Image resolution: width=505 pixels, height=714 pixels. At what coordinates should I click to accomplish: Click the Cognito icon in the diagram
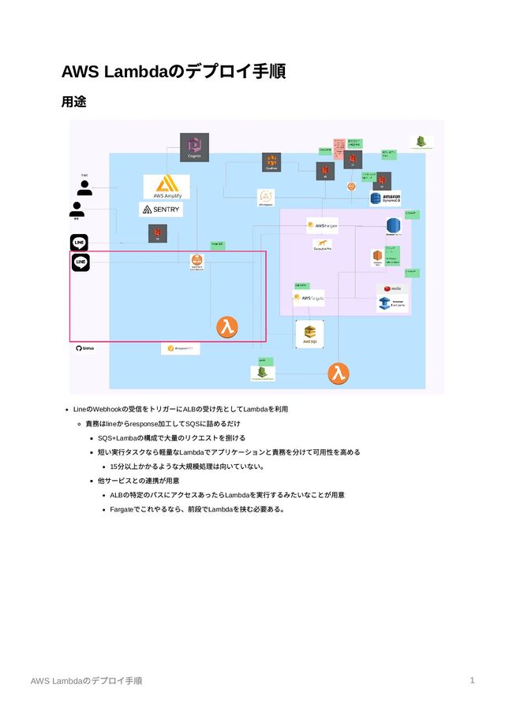pyautogui.click(x=194, y=147)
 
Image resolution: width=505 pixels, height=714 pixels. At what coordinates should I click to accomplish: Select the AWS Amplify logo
pyautogui.click(x=166, y=187)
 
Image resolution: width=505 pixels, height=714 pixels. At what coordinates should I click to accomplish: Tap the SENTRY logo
pyautogui.click(x=161, y=210)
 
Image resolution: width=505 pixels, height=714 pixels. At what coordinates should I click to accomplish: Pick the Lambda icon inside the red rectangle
pyautogui.click(x=228, y=327)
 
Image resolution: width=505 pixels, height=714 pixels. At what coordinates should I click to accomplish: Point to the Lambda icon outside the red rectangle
pyautogui.click(x=339, y=371)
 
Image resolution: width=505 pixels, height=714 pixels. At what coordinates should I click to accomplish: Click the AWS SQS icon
pyautogui.click(x=310, y=333)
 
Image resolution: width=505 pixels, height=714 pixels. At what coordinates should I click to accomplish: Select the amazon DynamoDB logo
pyautogui.click(x=387, y=199)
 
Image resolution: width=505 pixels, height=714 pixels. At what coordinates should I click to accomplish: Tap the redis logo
pyautogui.click(x=392, y=289)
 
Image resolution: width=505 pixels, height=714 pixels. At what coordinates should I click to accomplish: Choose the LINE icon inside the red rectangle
pyautogui.click(x=80, y=262)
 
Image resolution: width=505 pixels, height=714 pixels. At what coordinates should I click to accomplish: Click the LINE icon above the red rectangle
pyautogui.click(x=79, y=242)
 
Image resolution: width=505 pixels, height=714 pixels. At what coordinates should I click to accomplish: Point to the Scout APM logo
pyautogui.click(x=322, y=246)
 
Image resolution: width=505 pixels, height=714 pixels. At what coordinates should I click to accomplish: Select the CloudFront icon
pyautogui.click(x=271, y=162)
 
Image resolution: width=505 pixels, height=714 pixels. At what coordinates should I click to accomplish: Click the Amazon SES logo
pyautogui.click(x=181, y=348)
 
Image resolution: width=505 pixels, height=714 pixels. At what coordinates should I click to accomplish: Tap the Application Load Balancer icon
pyautogui.click(x=196, y=262)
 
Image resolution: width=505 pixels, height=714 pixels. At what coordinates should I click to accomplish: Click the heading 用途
pyautogui.click(x=73, y=102)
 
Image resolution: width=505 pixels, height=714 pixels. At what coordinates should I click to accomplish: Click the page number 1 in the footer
pyautogui.click(x=472, y=679)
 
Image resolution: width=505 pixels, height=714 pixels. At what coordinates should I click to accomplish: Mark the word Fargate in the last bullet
pyautogui.click(x=123, y=509)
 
